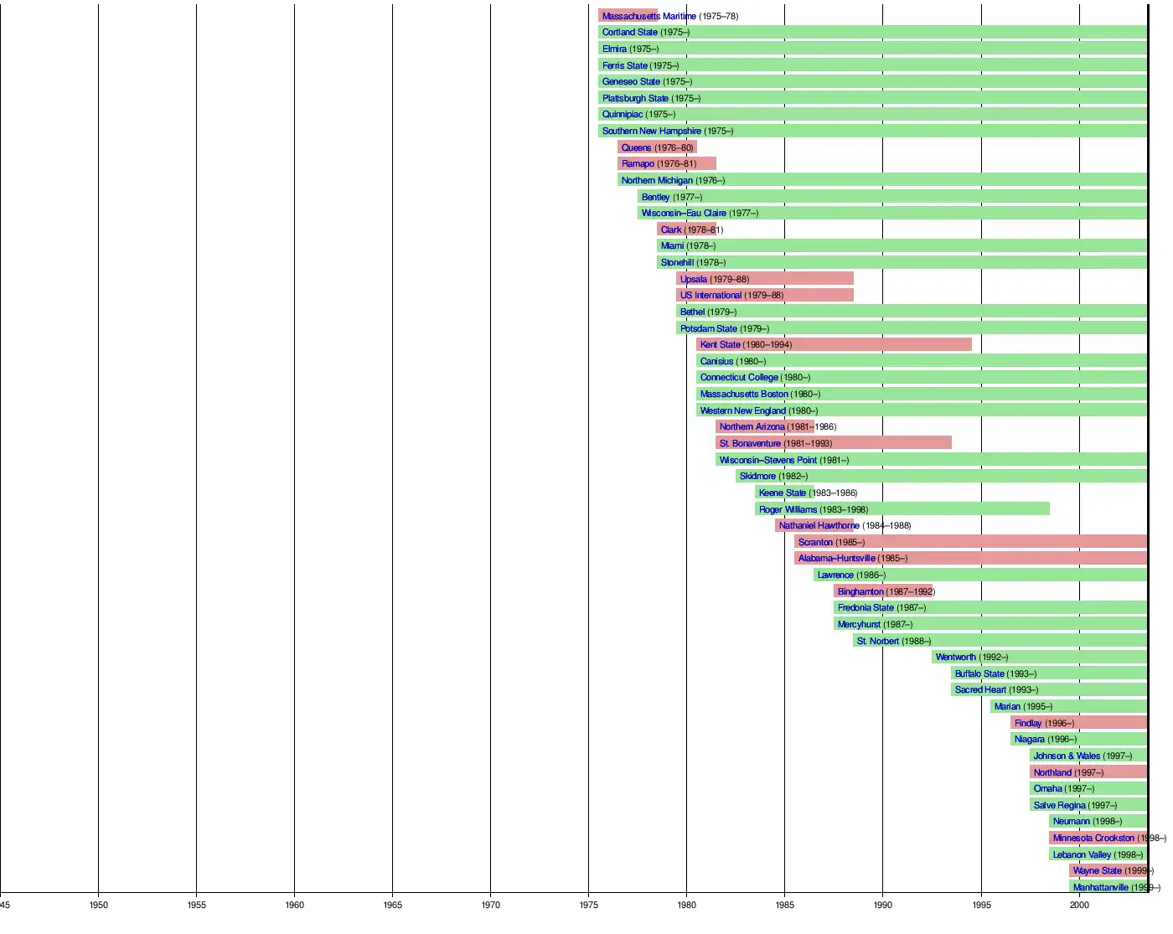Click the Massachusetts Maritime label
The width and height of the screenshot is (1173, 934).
pos(649,16)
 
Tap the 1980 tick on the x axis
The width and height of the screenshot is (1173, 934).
pos(686,905)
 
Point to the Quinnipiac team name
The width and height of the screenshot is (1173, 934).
pos(623,114)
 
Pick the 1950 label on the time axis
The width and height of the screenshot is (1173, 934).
pos(98,905)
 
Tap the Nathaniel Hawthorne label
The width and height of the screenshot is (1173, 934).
pos(819,525)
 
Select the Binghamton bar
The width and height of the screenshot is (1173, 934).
pos(884,591)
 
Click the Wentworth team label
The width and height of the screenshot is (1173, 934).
pos(955,657)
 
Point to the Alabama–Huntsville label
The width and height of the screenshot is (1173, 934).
pos(836,558)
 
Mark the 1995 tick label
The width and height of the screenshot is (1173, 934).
pos(981,905)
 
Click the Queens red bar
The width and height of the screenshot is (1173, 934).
pos(657,147)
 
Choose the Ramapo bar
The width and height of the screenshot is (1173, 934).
pos(667,163)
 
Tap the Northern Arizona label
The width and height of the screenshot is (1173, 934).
pos(752,426)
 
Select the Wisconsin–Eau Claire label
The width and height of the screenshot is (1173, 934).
pos(684,213)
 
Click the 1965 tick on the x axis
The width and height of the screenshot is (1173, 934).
pos(392,905)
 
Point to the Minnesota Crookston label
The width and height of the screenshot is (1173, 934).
pos(1093,838)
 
